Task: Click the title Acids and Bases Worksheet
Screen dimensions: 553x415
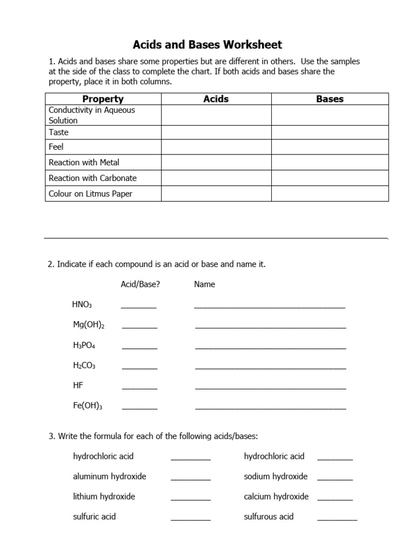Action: [x=208, y=44]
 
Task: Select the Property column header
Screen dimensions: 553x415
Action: [x=103, y=99]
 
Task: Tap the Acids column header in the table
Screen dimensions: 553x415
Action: [x=216, y=99]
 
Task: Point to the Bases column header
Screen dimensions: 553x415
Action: [x=330, y=99]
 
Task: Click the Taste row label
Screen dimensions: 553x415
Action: [x=59, y=132]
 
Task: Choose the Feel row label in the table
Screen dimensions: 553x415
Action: [x=56, y=147]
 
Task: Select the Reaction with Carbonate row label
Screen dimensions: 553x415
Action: [x=92, y=178]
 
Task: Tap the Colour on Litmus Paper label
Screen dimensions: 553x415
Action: [x=90, y=193]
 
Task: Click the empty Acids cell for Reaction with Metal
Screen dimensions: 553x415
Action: [x=216, y=163]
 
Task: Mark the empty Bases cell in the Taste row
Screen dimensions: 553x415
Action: [x=330, y=132]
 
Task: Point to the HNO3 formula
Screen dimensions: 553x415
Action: [x=82, y=305]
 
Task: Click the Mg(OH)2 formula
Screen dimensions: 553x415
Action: [x=89, y=325]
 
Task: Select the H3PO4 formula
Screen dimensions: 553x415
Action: [x=84, y=346]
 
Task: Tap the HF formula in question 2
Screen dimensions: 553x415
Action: [x=78, y=386]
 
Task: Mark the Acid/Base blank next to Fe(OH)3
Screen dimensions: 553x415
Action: [x=139, y=408]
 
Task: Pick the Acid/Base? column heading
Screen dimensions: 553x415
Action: [x=140, y=284]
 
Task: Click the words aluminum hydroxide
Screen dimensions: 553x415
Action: [x=110, y=476]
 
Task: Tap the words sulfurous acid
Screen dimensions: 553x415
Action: [x=269, y=516]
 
